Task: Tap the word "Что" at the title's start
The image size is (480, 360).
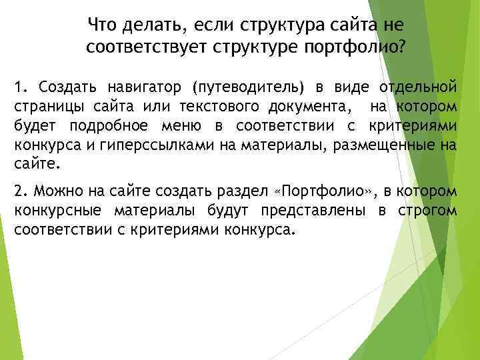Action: click(101, 26)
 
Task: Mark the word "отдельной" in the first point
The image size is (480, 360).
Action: click(419, 87)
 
